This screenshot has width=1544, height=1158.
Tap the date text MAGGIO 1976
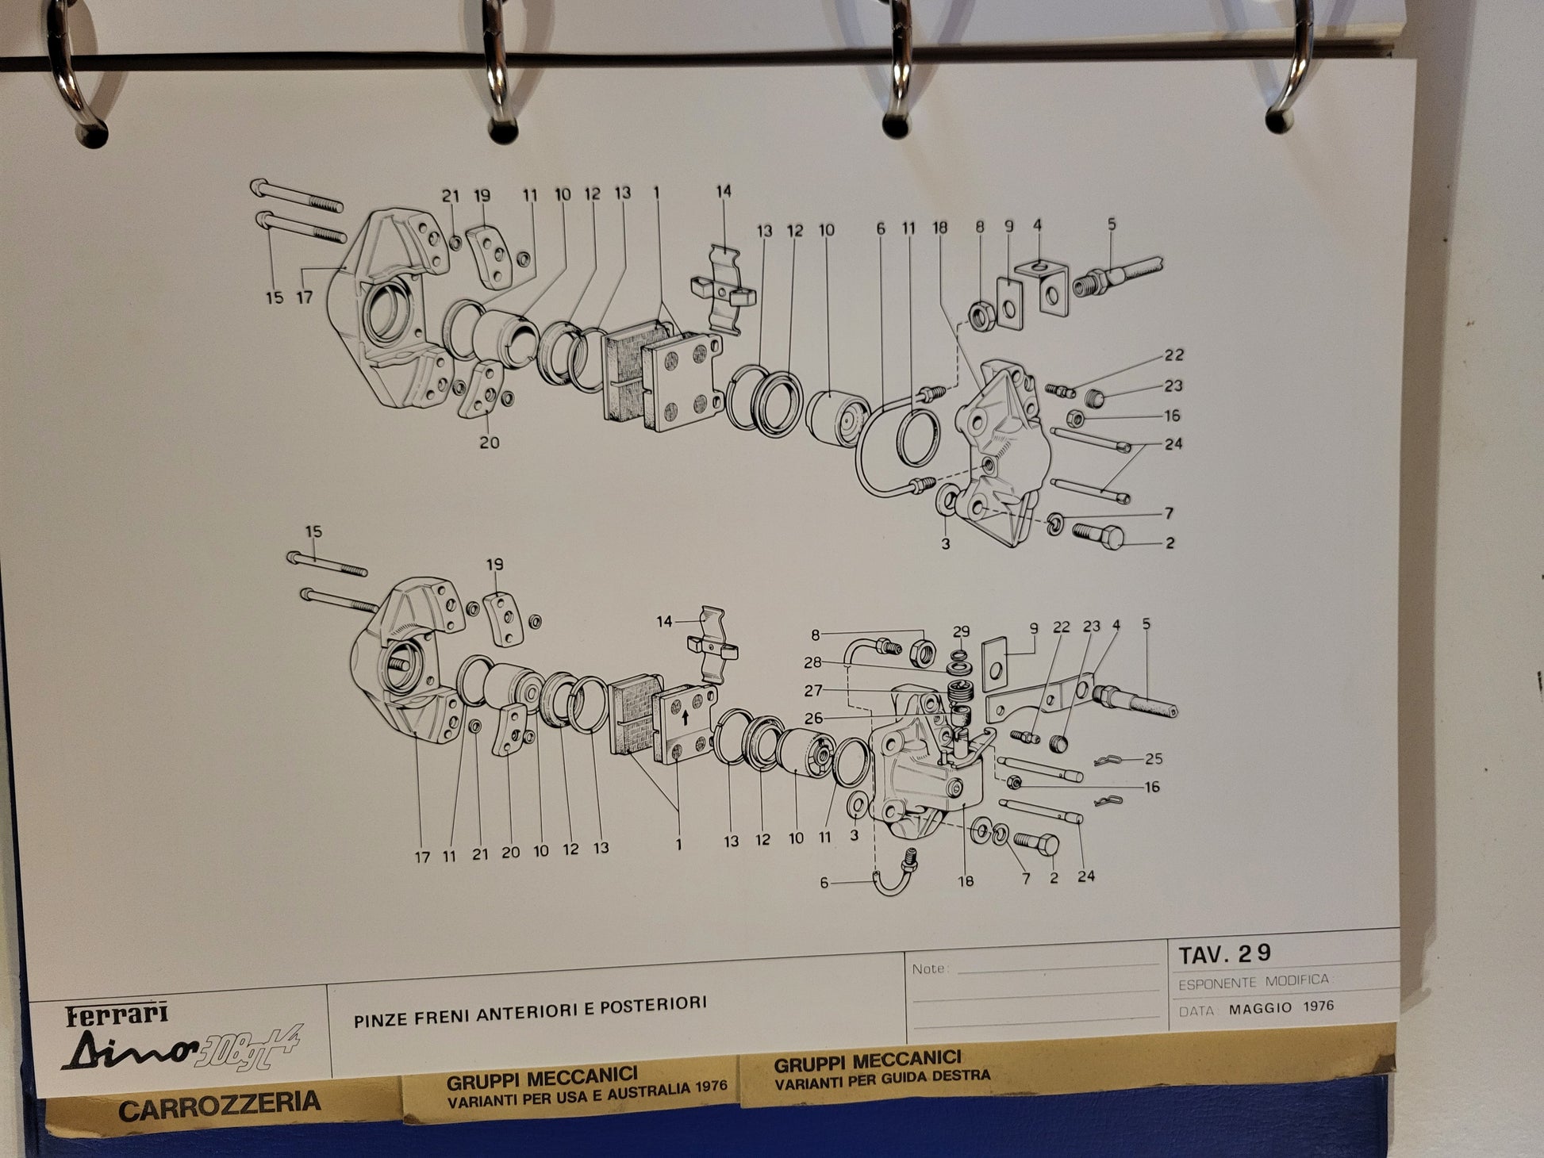tap(1281, 1007)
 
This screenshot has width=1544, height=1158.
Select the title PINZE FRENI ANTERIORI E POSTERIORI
tap(530, 1003)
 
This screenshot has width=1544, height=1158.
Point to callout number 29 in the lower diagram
tap(961, 631)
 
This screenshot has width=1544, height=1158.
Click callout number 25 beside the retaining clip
tap(1153, 759)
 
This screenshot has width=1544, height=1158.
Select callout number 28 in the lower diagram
tap(812, 662)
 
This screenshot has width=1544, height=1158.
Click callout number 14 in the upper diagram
tap(723, 191)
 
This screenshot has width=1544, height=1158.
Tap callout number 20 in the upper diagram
tap(489, 442)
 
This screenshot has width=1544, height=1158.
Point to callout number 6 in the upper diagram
tap(880, 228)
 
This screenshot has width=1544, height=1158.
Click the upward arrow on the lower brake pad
tap(684, 719)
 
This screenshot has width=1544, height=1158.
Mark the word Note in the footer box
tap(928, 968)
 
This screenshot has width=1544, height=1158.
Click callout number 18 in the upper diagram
tap(939, 228)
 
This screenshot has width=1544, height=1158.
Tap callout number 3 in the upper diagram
tap(945, 545)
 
